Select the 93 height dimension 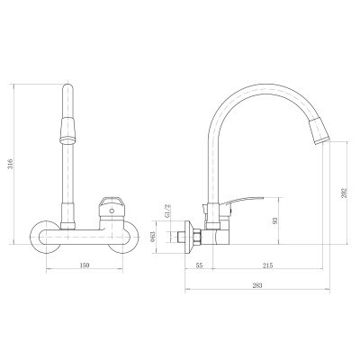tap(276, 223)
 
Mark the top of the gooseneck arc tap(256, 84)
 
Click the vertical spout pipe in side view tap(213, 171)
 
